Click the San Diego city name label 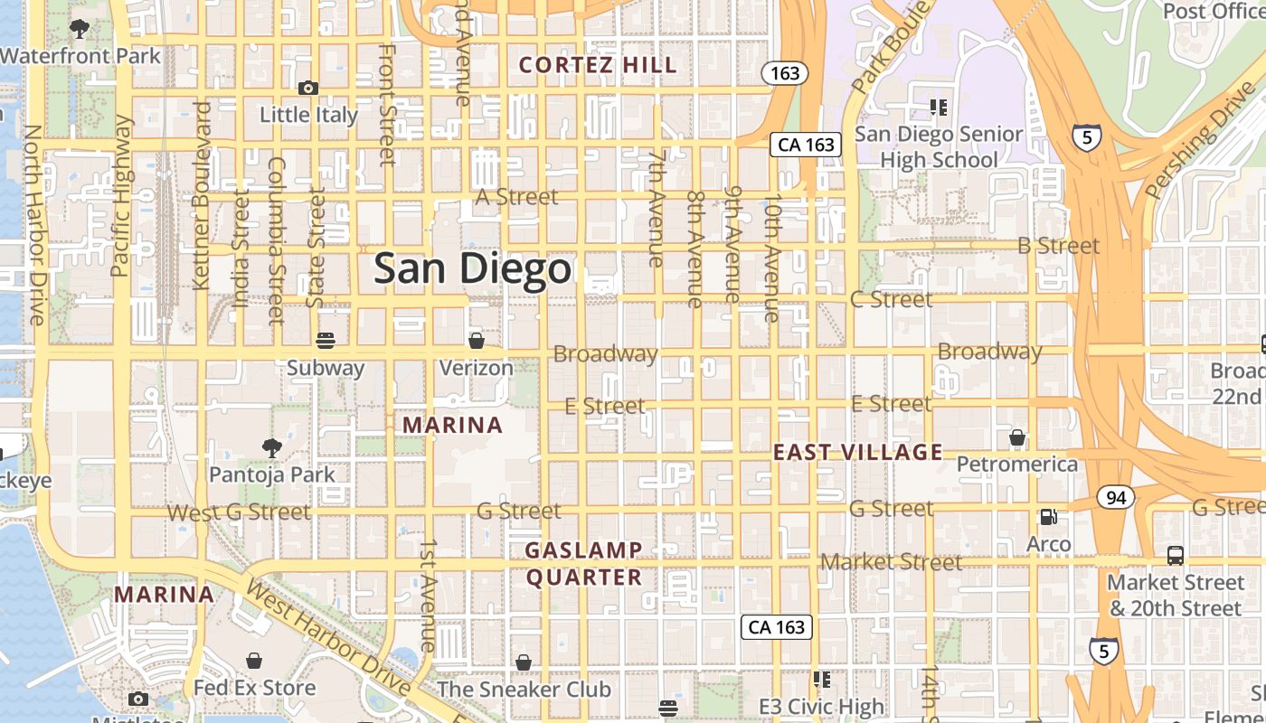[x=473, y=269]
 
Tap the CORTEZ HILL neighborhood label [x=598, y=65]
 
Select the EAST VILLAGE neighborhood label [x=857, y=452]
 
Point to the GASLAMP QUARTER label [x=584, y=563]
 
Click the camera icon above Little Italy [x=308, y=88]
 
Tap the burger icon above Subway [x=326, y=341]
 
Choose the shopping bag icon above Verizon [x=477, y=341]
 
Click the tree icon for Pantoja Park [x=271, y=446]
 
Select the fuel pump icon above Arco [x=1049, y=517]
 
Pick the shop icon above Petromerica [x=1017, y=438]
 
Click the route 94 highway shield [x=1116, y=497]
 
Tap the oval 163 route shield [x=785, y=73]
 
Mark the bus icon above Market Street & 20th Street [x=1176, y=556]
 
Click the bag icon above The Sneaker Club [x=524, y=662]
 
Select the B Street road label [x=1058, y=246]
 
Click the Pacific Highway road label [x=120, y=197]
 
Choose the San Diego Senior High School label [x=939, y=147]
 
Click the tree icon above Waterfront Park [x=80, y=29]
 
